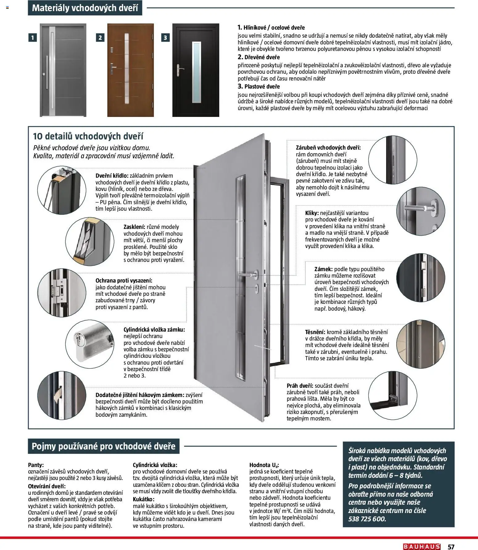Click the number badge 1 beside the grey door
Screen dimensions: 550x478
(x=32, y=38)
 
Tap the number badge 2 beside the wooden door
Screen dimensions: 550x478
(x=100, y=38)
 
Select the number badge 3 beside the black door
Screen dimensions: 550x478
(x=165, y=38)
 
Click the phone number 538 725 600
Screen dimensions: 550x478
(x=367, y=519)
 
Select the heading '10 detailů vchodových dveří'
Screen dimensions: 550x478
(x=88, y=136)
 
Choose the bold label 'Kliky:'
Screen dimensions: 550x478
(x=312, y=213)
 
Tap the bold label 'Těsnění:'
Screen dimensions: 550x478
(x=315, y=332)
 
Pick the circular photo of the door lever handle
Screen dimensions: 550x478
(x=420, y=211)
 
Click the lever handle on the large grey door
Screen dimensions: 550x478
(x=250, y=274)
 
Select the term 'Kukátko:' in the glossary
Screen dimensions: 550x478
(x=144, y=499)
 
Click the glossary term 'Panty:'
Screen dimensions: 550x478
(x=36, y=465)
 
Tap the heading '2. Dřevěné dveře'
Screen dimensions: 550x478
(x=259, y=57)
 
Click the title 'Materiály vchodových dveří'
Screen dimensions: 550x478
(x=85, y=8)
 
